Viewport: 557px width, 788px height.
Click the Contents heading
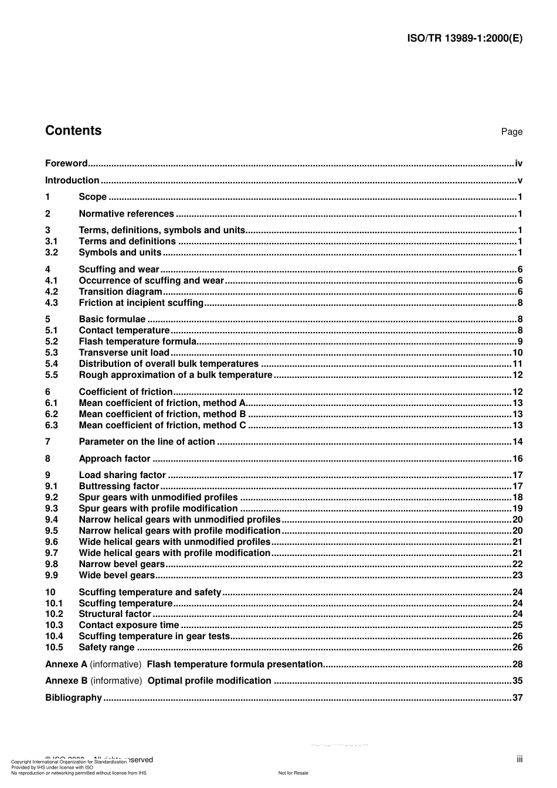[73, 131]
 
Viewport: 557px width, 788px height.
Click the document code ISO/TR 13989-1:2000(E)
[464, 39]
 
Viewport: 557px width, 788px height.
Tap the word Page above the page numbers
[511, 132]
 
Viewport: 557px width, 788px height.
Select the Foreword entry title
[66, 163]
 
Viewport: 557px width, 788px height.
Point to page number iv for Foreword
[518, 163]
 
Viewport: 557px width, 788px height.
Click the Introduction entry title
[72, 180]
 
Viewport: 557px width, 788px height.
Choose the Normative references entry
[126, 214]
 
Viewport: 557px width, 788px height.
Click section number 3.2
[52, 253]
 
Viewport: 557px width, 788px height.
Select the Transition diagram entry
[120, 292]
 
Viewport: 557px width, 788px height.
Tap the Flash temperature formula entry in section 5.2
[137, 342]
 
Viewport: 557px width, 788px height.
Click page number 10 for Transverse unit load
[517, 353]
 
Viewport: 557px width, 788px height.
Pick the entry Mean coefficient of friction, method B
[162, 414]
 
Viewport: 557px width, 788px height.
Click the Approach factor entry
[114, 459]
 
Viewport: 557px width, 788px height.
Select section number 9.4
[52, 520]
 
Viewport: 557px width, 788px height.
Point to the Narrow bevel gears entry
[122, 564]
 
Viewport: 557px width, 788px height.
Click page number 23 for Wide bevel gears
[517, 575]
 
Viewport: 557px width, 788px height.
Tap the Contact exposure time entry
[129, 625]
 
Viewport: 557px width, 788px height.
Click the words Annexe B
[66, 681]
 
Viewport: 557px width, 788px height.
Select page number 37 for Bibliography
[517, 698]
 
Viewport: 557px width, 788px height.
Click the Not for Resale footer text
[293, 773]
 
